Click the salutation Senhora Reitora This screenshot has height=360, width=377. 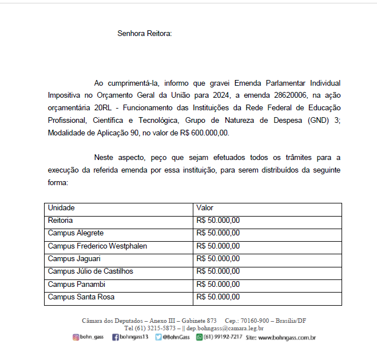click(144, 33)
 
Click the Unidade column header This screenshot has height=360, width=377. click(61, 208)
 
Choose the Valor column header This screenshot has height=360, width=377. click(205, 208)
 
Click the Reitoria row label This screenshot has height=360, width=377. click(60, 221)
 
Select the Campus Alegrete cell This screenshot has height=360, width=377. click(76, 233)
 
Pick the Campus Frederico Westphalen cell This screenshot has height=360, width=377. click(97, 246)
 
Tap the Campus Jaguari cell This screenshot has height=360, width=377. click(74, 258)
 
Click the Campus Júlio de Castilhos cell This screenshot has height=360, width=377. click(90, 271)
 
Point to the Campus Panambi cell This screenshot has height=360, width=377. click(76, 284)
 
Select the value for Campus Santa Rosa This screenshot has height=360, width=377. click(218, 297)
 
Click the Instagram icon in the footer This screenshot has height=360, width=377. click(76, 338)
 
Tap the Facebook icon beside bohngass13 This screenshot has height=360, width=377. click(115, 338)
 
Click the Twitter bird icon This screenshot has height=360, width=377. click(158, 338)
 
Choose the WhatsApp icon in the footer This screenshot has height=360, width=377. click(200, 338)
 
